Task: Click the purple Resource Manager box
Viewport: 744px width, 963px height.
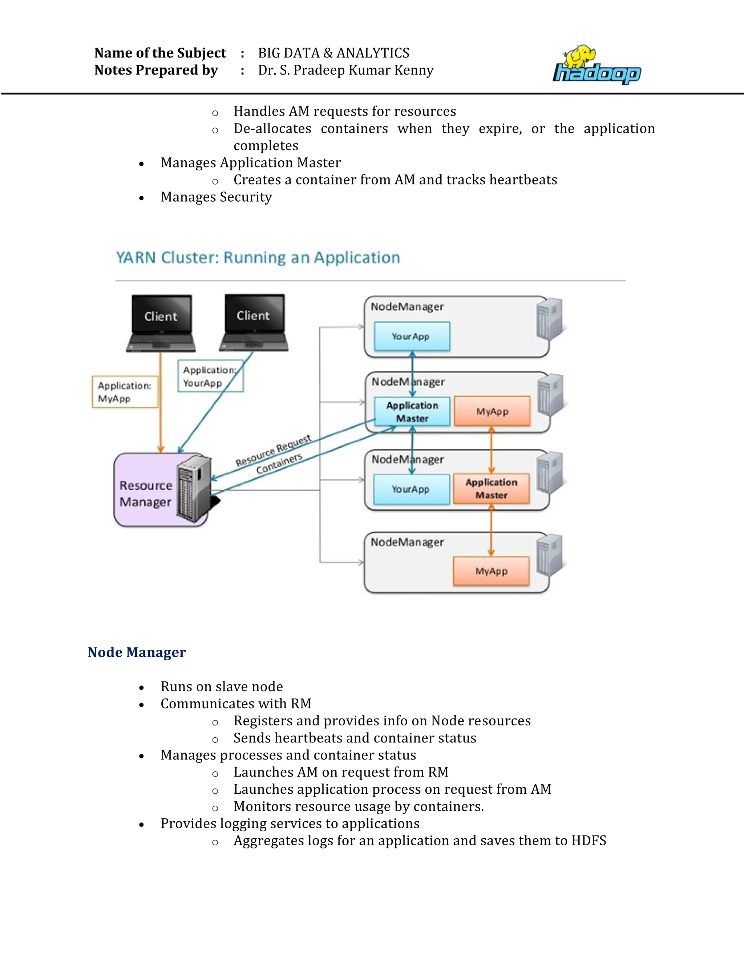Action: point(145,493)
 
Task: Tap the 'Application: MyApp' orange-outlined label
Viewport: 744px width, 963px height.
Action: point(125,391)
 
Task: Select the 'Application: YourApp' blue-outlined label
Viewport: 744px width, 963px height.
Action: point(210,376)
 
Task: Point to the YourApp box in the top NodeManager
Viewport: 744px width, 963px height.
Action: point(412,337)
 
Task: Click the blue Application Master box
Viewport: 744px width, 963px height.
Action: point(412,411)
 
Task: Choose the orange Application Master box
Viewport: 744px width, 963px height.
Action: point(491,488)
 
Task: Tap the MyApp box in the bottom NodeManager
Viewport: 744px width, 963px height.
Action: point(491,571)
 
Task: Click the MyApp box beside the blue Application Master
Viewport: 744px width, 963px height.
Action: point(492,411)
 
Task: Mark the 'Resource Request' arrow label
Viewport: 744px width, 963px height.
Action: point(273,451)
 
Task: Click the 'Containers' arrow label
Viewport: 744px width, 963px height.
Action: point(279,463)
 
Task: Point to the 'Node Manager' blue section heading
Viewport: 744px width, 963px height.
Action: point(137,652)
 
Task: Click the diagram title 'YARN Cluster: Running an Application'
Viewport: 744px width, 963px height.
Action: point(258,258)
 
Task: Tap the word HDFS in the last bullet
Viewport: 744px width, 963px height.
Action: point(589,841)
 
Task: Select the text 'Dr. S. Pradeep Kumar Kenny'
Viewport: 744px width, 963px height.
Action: point(345,70)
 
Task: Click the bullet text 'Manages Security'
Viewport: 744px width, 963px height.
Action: point(216,197)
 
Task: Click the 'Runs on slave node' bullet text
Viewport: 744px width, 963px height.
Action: point(222,686)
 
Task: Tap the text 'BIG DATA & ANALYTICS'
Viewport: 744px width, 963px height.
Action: point(333,53)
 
